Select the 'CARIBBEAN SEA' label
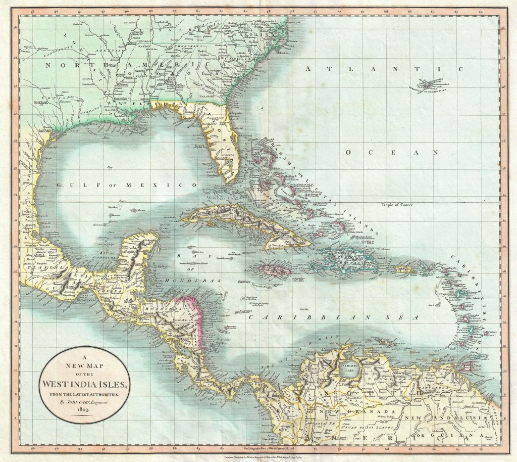[333, 317]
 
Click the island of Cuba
[242, 222]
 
